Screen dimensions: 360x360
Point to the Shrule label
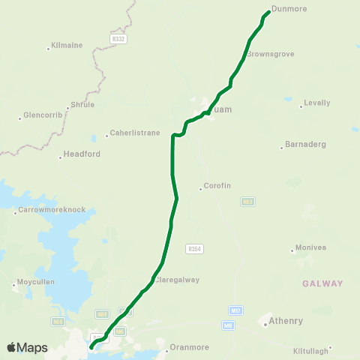(82, 105)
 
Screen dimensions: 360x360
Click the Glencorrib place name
(40, 115)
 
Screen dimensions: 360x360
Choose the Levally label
(317, 103)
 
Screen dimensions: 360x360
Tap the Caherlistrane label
(135, 133)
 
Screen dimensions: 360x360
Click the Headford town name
(80, 154)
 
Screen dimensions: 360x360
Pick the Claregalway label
(178, 280)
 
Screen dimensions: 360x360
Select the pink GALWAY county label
(322, 283)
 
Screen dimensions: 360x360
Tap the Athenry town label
(286, 321)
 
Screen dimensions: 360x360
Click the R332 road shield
(118, 37)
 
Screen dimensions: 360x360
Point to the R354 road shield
(195, 248)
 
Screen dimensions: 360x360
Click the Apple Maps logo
(27, 347)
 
